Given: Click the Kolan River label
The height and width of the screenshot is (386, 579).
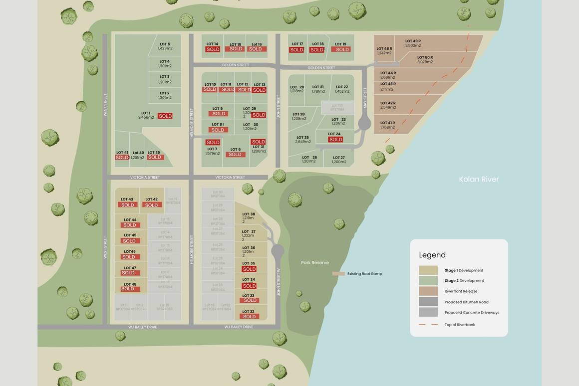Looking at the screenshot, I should click(479, 180).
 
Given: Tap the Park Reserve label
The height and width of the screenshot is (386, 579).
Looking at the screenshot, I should click(315, 263).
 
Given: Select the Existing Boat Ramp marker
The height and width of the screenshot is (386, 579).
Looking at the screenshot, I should click(339, 273).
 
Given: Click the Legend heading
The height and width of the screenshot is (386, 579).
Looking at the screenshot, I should click(432, 255).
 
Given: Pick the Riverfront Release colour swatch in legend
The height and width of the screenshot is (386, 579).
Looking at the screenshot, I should click(428, 291).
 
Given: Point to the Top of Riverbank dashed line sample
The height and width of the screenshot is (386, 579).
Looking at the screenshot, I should click(428, 325).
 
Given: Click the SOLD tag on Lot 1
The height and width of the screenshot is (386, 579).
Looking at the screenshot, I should click(165, 116).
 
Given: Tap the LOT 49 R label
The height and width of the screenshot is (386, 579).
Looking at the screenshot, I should click(413, 41).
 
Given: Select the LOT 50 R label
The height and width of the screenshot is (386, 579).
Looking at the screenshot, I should click(425, 58).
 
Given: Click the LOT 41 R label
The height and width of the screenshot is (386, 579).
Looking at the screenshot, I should click(387, 123).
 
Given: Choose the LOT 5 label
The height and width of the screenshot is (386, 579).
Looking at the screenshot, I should click(165, 44).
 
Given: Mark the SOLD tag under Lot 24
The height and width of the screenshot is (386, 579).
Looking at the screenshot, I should click(336, 140).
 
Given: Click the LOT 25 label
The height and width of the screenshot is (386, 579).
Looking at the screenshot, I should click(302, 138).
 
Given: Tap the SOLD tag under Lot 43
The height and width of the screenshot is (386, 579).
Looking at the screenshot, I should click(128, 205).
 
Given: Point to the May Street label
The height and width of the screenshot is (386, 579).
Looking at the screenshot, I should click(365, 98).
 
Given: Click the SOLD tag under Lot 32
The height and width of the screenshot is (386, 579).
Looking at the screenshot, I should click(249, 317).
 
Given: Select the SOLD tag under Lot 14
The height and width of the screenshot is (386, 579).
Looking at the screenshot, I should click(213, 49).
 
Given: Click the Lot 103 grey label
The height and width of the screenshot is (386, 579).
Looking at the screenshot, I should click(337, 106).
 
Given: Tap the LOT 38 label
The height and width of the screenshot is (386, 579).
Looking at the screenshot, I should click(249, 214).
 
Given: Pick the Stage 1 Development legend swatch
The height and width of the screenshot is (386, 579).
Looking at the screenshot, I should click(428, 270).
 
